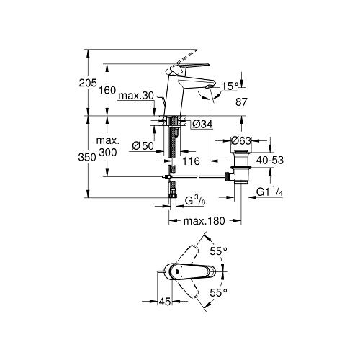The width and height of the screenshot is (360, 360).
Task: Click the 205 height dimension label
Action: coord(88,83)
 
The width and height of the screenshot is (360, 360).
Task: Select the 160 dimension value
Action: coord(107,90)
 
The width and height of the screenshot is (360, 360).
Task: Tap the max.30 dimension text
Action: coord(136,96)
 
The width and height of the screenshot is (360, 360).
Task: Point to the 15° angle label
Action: coord(230,86)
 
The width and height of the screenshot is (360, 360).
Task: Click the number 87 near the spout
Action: coord(241,102)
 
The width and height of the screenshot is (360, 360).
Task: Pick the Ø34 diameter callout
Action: coord(202,124)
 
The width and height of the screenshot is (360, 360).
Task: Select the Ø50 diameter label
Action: coord(143,145)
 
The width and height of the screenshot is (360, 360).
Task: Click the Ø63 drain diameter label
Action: coord(240,140)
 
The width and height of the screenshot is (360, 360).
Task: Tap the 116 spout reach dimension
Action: coord(192,161)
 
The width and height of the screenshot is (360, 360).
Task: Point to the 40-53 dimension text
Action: coord(270,160)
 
